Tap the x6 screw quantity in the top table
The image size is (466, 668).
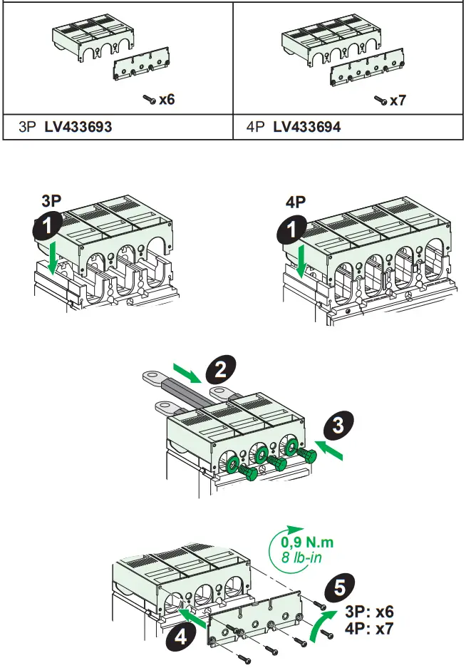tap(166, 99)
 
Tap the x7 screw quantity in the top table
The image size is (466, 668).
tap(397, 101)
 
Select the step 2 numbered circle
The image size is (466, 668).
tap(221, 369)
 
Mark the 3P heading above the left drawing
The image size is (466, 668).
tap(51, 202)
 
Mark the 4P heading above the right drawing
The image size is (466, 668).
tap(296, 202)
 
